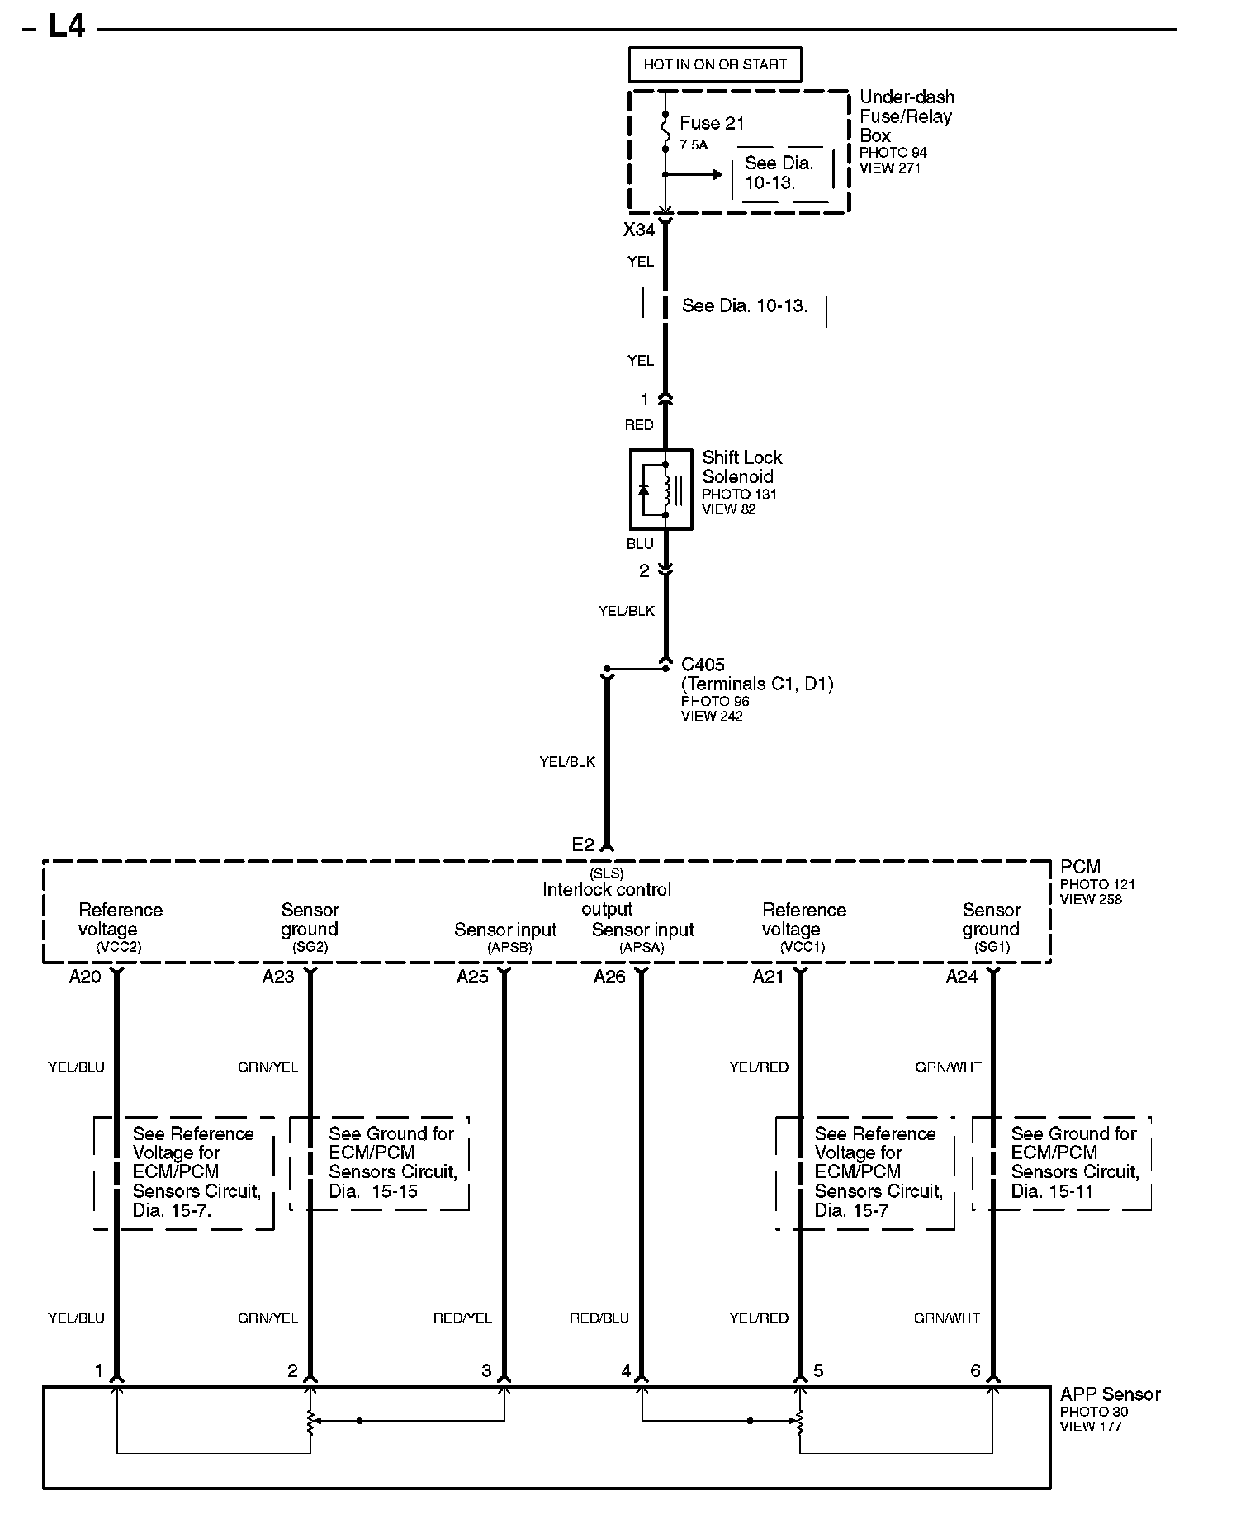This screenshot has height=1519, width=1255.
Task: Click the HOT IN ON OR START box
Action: pos(715,64)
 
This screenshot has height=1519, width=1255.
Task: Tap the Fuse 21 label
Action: pos(712,123)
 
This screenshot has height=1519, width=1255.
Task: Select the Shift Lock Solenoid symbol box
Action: pos(661,490)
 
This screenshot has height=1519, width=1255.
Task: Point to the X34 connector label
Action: pos(639,230)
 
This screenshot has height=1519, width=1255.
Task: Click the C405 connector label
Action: pos(703,665)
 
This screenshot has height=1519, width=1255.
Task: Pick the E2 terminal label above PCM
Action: pos(583,845)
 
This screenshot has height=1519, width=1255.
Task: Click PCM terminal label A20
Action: pos(85,977)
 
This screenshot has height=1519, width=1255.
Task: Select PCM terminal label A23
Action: pos(278,977)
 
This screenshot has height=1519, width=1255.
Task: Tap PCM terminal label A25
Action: pos(472,977)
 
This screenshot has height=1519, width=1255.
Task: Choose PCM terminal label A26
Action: pos(609,977)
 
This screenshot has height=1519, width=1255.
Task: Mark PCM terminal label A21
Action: pos(768,977)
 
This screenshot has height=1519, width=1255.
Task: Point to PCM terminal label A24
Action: pos(961,977)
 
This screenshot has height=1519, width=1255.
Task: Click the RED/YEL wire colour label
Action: pos(462,1318)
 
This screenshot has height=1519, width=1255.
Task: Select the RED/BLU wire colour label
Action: pos(599,1318)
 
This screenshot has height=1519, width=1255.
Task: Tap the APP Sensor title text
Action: pos(1110,1394)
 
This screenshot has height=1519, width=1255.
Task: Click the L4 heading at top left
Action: pos(66,27)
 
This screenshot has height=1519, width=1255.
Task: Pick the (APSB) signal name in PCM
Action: pos(509,948)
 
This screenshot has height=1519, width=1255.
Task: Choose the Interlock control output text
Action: pos(607,899)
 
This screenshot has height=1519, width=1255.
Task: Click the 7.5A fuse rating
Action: pos(694,144)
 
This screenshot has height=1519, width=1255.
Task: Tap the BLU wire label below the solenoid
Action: pos(640,544)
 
